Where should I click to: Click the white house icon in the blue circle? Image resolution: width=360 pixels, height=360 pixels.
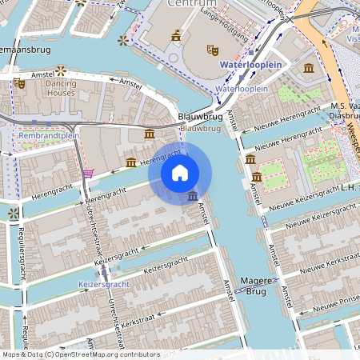180,172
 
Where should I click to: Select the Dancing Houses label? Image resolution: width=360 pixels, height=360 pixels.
60,87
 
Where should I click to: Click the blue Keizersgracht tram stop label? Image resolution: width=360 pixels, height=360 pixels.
103,284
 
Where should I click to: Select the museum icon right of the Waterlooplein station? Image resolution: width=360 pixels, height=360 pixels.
309,69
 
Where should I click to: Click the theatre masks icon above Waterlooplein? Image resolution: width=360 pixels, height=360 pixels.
213,50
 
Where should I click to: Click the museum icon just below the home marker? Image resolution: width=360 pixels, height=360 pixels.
192,196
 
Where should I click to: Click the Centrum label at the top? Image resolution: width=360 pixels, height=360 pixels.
187,4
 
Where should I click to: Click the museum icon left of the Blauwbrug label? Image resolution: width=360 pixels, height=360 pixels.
150,134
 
